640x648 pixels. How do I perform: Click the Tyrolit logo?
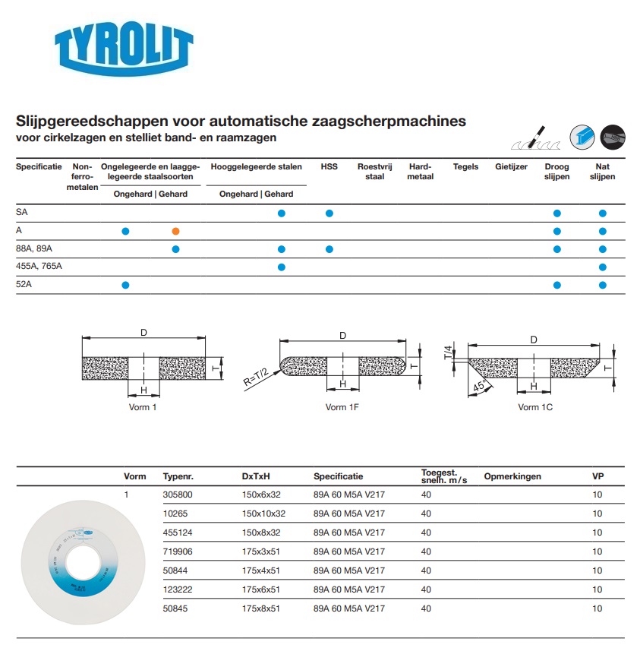point(124,49)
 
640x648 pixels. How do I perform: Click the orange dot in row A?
point(175,230)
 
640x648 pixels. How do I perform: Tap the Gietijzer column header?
point(511,167)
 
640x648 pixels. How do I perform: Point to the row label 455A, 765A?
point(39,267)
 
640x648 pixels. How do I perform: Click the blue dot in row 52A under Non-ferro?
point(126,285)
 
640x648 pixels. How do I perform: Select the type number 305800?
point(178,495)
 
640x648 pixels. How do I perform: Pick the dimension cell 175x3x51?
point(260,552)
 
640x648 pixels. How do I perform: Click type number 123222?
point(178,590)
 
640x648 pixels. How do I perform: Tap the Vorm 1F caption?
point(342,407)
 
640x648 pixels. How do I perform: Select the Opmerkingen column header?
point(512,476)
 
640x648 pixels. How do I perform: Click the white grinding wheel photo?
point(71,554)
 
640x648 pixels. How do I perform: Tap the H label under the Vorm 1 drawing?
point(143,390)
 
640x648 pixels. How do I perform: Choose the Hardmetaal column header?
point(420,172)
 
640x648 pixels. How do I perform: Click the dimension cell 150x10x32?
point(263,514)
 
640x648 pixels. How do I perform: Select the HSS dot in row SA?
point(329,213)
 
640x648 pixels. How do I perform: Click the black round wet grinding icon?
point(613,137)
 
